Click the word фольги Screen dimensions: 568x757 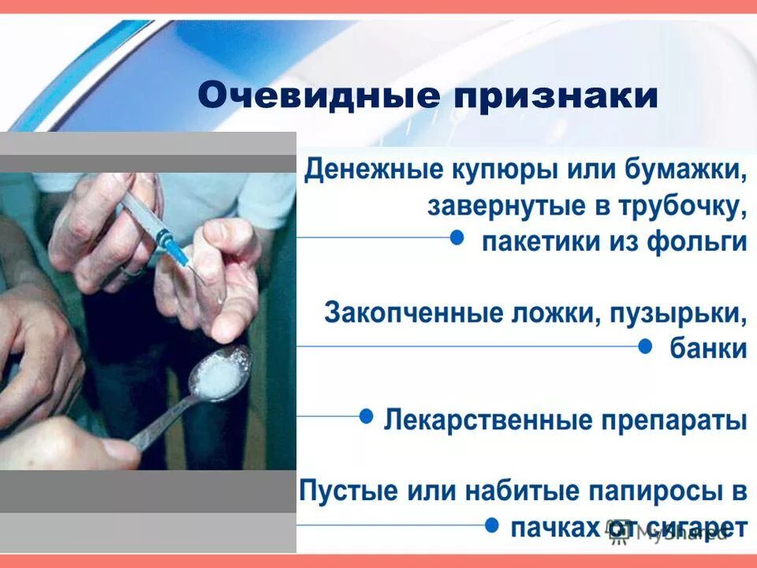point(697,241)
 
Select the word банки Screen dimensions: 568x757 point(708,348)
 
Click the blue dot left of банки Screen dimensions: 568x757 point(644,346)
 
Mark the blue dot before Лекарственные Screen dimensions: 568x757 point(366,415)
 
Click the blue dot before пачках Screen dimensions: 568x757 point(491,524)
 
